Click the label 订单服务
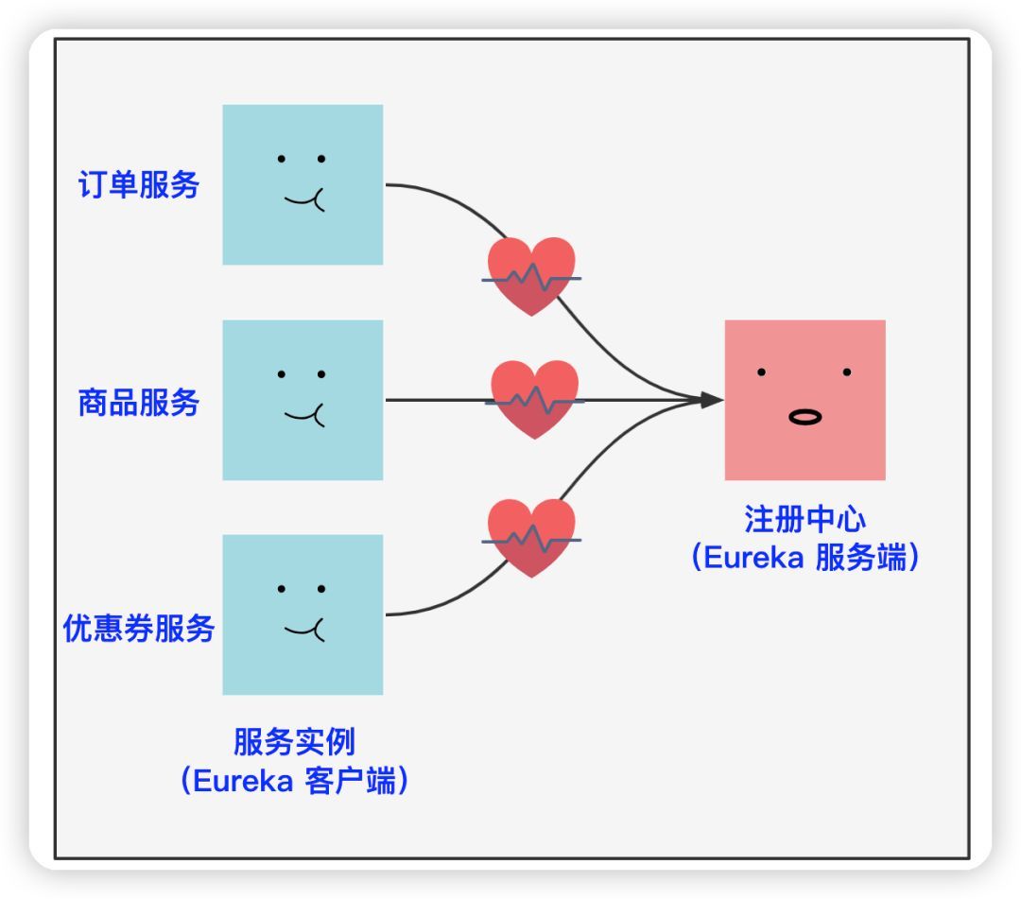coord(139,185)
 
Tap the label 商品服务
coord(139,403)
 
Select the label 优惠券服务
coord(139,629)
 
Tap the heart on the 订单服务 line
coord(531,275)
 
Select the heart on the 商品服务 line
coord(534,398)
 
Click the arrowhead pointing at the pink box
coord(711,400)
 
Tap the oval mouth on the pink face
coord(805,417)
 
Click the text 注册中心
coord(805,520)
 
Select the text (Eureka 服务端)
coord(805,558)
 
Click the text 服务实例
coord(294,743)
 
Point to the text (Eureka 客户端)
coord(294,782)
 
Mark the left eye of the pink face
coord(761,372)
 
